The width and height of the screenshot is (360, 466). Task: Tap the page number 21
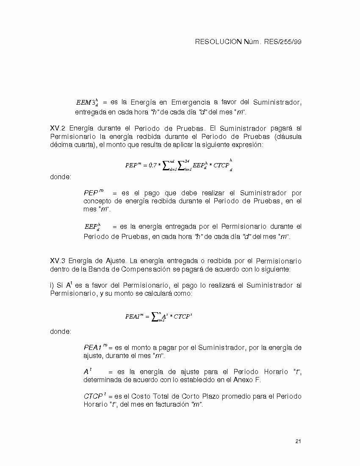click(298, 442)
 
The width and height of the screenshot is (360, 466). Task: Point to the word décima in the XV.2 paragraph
click(61, 145)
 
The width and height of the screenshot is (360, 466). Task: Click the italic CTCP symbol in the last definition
click(94, 397)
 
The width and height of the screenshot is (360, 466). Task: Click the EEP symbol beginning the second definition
click(91, 227)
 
